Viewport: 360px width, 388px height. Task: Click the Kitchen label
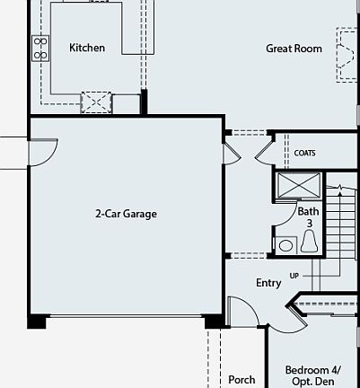(87, 48)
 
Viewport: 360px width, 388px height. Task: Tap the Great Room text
(294, 48)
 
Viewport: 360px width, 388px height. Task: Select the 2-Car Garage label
(127, 214)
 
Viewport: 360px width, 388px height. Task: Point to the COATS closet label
(305, 153)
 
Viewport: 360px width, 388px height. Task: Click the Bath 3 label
(308, 216)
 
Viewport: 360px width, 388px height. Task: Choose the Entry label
(268, 283)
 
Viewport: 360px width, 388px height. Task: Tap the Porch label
(241, 380)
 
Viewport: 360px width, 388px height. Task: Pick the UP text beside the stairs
(294, 275)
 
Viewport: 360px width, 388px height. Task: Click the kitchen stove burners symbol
(40, 48)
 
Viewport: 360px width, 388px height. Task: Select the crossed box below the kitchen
(95, 102)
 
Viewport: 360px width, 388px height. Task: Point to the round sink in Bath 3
(286, 244)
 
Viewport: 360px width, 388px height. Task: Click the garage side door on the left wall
(43, 151)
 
